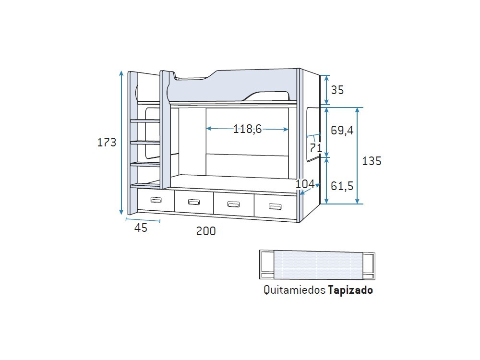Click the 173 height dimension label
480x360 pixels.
[x=107, y=143]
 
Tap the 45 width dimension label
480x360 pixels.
[x=141, y=228]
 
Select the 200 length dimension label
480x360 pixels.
[x=206, y=231]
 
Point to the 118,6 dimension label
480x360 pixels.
[x=247, y=129]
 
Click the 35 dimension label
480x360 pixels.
[x=337, y=90]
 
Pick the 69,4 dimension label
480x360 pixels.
[x=342, y=130]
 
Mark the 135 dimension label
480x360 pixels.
[x=372, y=161]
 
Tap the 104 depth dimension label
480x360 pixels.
[x=305, y=184]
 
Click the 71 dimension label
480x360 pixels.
[x=315, y=148]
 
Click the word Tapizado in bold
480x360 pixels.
[x=350, y=290]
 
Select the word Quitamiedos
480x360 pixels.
[x=294, y=290]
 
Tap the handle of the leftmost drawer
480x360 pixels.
[x=156, y=200]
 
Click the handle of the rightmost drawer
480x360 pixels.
[x=275, y=206]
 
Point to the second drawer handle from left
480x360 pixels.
[x=194, y=202]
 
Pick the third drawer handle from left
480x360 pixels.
[x=233, y=204]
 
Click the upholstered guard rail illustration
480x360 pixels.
[x=317, y=264]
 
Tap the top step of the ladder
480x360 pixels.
[x=145, y=120]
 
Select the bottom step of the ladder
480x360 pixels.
[x=145, y=185]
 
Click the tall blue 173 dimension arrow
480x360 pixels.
[x=121, y=143]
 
